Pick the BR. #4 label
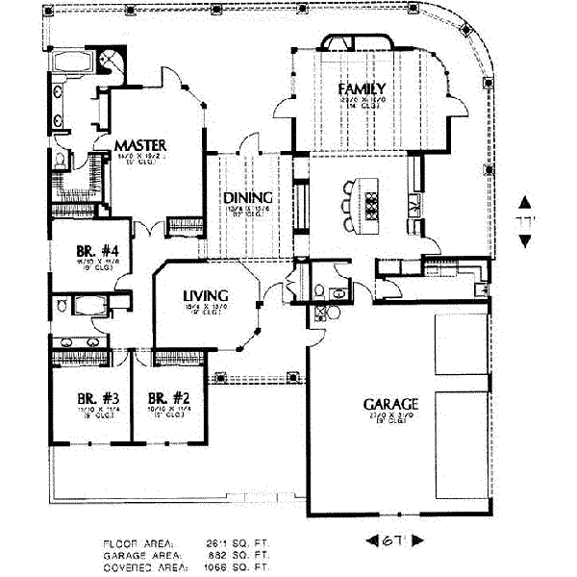point(98,255)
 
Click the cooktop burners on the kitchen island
point(371,203)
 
